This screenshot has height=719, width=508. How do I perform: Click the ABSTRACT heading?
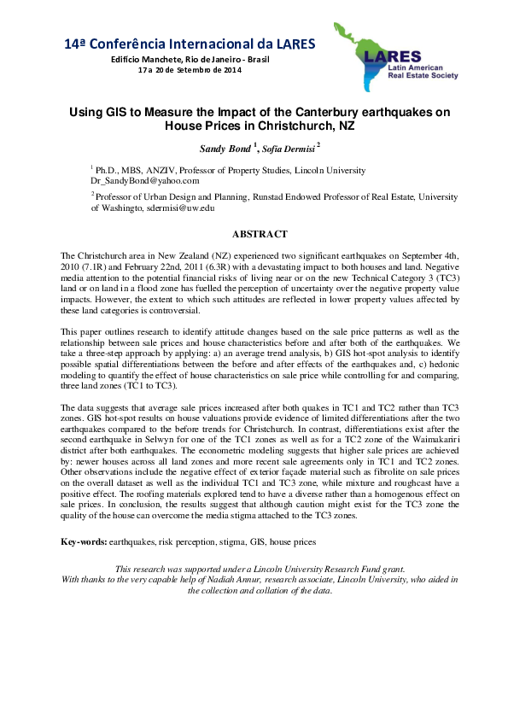260,234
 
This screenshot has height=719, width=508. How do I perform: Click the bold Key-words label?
84,542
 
